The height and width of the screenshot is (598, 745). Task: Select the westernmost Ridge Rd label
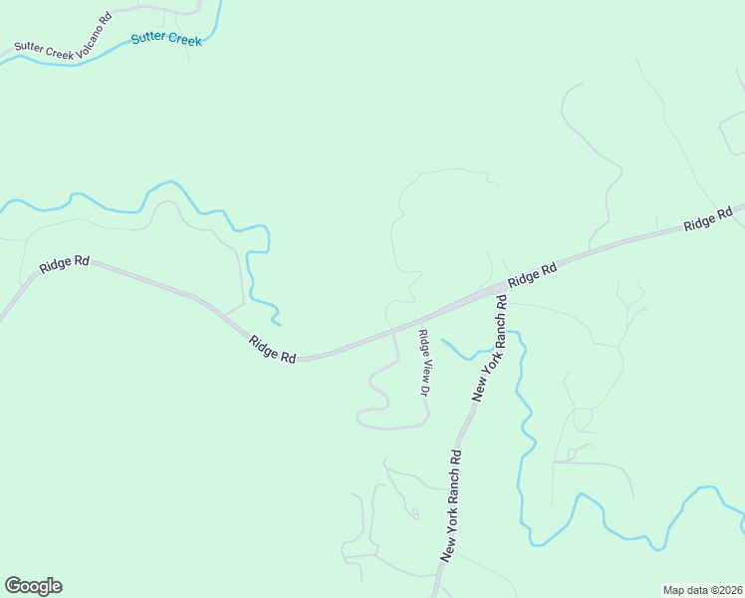tap(65, 265)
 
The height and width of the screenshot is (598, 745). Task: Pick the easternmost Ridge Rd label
tap(708, 218)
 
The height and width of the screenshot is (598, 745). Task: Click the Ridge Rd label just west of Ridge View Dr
tap(273, 349)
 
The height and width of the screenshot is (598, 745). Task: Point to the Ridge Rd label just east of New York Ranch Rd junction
tap(531, 276)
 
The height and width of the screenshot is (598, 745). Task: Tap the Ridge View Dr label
tap(423, 364)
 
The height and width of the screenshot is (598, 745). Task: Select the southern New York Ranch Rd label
tap(450, 506)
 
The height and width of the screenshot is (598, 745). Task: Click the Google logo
tap(33, 586)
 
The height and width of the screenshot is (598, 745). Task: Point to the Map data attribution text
tap(702, 589)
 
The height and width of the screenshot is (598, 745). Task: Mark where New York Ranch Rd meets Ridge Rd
tap(501, 289)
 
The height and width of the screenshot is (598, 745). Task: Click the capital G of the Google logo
tap(13, 585)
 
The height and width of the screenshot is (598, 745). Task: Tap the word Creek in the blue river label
tap(184, 41)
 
